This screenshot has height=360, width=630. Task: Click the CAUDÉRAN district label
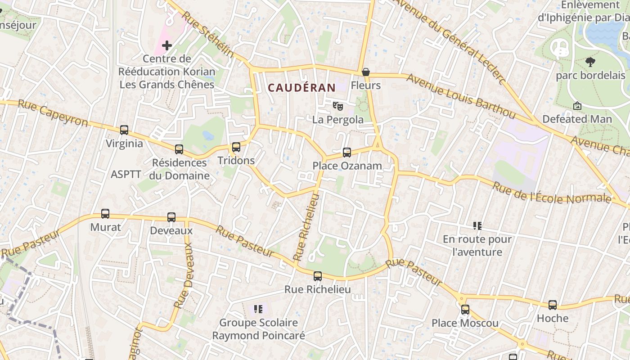pos(302,88)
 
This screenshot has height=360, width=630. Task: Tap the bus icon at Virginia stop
pos(124,130)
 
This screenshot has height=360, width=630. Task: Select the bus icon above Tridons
pos(236,147)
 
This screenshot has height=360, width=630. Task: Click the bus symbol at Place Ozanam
pos(346,153)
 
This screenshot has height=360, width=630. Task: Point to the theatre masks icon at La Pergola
pos(337,106)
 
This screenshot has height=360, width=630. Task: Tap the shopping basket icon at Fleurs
pos(366,72)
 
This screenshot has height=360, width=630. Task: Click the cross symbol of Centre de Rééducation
pos(167,45)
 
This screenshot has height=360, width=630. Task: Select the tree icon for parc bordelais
pos(590,62)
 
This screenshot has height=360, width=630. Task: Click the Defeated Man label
pos(577,119)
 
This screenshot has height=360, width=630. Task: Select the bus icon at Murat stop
pos(105,214)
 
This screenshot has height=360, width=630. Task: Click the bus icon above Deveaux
pos(171,217)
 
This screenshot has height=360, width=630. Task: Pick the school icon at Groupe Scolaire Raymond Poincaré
pos(258,309)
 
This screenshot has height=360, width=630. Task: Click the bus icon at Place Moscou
pos(465,310)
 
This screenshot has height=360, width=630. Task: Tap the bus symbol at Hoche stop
pos(553,305)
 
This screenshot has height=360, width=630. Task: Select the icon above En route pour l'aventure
pos(477,225)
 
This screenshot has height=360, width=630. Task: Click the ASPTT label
pos(126,174)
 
